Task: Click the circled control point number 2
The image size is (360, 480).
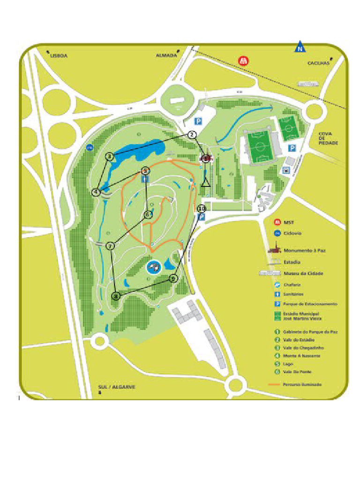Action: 192,135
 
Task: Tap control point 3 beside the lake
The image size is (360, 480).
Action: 109,157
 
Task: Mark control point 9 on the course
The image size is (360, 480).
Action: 173,278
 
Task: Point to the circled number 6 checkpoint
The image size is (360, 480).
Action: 148,215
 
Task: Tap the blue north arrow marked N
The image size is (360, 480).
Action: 299,47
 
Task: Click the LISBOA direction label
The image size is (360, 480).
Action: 59,55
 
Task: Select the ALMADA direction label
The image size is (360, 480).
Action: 166,55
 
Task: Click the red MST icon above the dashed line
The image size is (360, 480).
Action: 243,60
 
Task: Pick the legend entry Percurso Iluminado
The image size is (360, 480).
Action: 302,384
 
